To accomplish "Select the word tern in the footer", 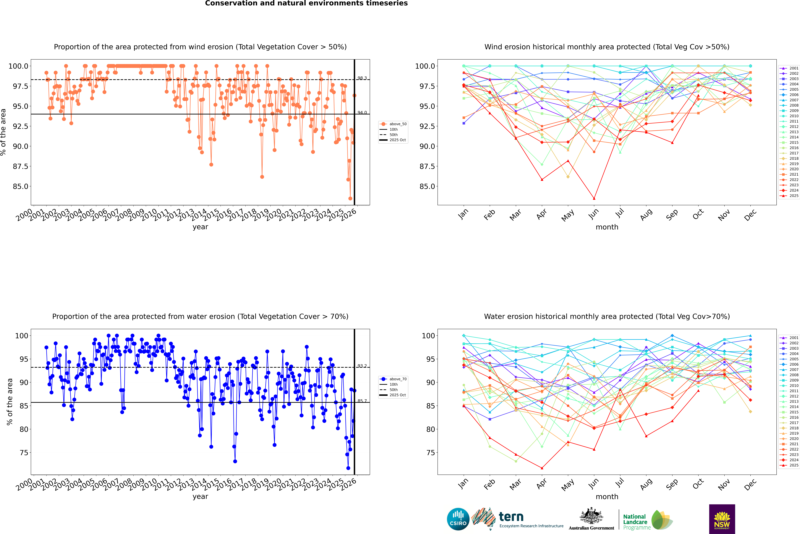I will (511, 517).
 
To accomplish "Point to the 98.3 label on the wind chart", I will (362, 78).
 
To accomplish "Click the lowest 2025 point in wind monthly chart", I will (594, 199).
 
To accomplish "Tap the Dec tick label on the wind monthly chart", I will (750, 215).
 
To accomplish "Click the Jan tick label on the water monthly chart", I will (463, 485).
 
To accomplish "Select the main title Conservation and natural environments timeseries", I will (306, 3).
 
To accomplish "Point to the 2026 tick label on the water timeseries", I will (349, 484).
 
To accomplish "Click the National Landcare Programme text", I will (635, 522).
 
